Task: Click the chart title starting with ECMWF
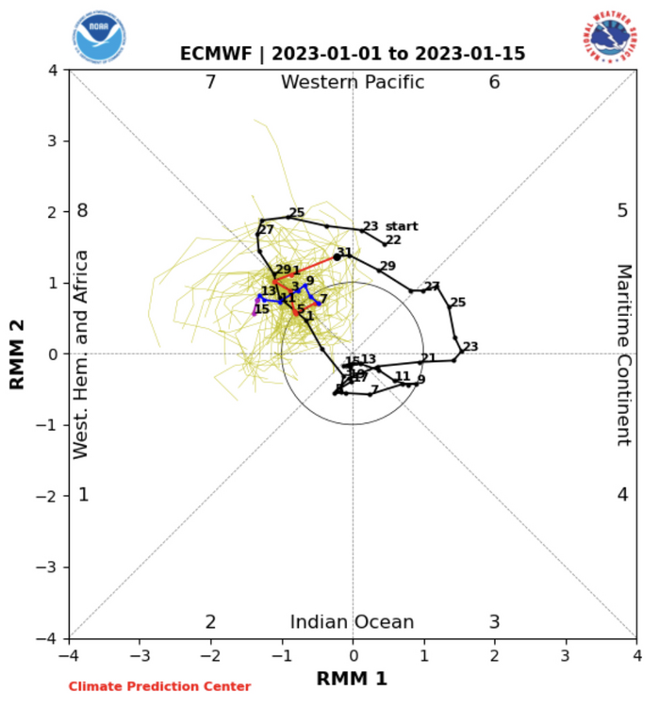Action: coord(353,54)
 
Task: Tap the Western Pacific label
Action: coord(353,83)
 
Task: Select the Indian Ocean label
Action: coord(352,622)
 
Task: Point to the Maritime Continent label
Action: coord(623,354)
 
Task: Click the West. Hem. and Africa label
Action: coord(82,354)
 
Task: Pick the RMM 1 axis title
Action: coord(352,679)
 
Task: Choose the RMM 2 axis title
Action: coord(17,354)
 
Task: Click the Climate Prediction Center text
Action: coord(159,687)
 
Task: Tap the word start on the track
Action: coord(402,226)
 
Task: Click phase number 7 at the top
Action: coord(211,83)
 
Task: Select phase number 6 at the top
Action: coord(494,83)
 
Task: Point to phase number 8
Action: coord(83,211)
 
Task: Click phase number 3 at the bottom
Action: coord(494,622)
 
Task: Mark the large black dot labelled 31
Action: coord(337,257)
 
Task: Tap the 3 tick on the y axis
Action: coord(55,141)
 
